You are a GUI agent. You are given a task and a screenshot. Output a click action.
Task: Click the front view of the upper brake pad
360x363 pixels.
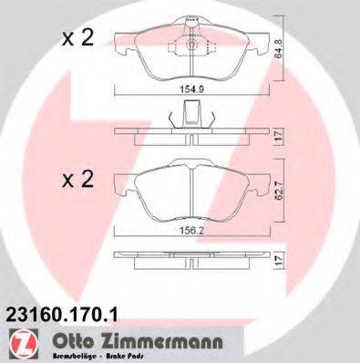click(x=191, y=55)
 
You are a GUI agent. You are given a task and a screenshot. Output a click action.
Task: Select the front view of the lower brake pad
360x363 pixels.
click(x=191, y=196)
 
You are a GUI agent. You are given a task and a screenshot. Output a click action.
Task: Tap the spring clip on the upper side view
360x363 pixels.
click(x=190, y=116)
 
